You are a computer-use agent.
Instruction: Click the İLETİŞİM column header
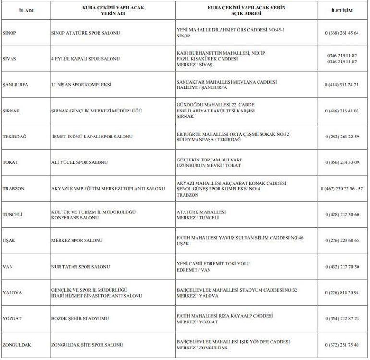tap(342, 10)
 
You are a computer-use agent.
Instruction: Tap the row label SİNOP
tap(10, 33)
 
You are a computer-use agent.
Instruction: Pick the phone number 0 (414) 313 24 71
tap(342, 85)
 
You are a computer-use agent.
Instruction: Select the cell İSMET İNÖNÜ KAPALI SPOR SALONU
tap(92, 137)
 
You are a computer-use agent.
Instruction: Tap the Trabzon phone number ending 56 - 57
tap(342, 189)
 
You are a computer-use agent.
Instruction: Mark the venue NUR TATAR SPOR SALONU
tap(81, 267)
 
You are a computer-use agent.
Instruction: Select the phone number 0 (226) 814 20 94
tap(342, 293)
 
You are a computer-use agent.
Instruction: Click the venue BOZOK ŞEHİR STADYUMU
tap(80, 319)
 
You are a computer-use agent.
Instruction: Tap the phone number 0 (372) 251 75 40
tap(342, 345)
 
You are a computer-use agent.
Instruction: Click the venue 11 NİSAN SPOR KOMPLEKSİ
tap(81, 85)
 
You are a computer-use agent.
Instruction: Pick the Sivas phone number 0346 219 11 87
tap(342, 62)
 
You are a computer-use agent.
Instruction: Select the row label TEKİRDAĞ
tap(14, 137)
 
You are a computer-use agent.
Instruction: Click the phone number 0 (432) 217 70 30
tap(342, 267)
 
